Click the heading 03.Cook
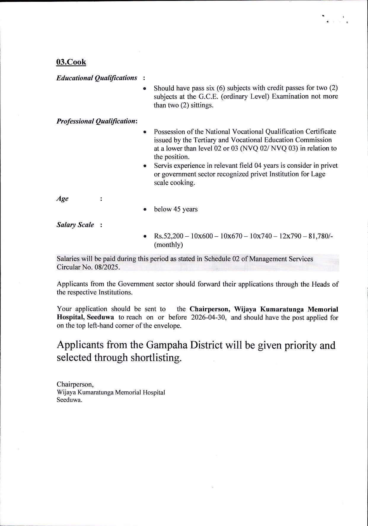pos(71,62)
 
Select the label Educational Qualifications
pos(97,78)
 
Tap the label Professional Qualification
pos(97,121)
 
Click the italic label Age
pos(63,198)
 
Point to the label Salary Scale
pos(75,225)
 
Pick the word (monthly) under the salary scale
pos(168,245)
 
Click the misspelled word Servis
pos(163,166)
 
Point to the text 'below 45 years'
pos(176,209)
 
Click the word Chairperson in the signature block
pos(75,384)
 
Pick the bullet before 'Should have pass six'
pos(145,88)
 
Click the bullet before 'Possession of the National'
pos(145,132)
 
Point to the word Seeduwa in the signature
pos(69,400)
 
